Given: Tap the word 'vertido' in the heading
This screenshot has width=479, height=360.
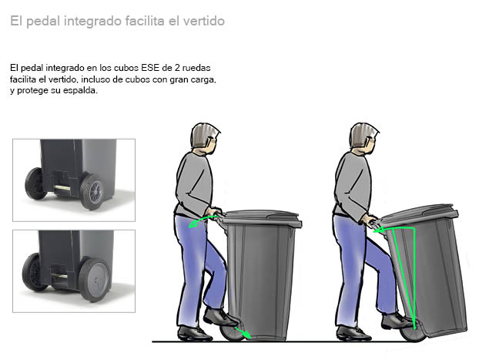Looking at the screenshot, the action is [204, 21].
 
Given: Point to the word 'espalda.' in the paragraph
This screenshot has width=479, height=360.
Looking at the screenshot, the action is [80, 90].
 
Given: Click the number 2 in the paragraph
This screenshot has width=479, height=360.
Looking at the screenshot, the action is [177, 68].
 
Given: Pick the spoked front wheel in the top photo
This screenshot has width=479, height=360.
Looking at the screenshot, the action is [92, 191].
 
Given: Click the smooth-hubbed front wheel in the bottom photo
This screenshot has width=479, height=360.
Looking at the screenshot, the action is [94, 279].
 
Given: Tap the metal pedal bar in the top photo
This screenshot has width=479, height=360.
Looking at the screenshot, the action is [62, 188].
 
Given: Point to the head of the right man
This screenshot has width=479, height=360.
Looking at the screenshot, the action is [363, 139].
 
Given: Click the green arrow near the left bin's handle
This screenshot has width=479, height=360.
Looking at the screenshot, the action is [203, 220].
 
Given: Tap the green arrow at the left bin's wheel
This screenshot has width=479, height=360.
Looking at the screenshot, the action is [243, 333].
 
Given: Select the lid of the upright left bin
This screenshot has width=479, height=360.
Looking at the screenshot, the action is [261, 218].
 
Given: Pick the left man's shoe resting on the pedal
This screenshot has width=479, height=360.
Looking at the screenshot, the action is [220, 317].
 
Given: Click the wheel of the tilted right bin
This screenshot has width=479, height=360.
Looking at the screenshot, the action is [413, 333].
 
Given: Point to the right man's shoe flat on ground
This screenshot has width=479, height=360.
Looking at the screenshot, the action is [353, 333].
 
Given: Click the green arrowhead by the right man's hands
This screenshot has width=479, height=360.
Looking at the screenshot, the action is [378, 230].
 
